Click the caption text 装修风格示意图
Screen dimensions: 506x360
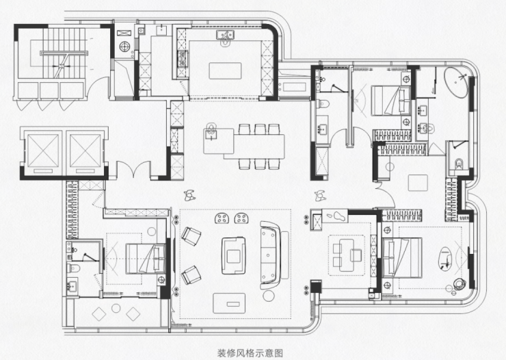pos(250,353)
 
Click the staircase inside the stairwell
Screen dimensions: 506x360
pos(64,53)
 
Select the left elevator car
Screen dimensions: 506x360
pos(43,151)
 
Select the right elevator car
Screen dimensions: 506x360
pos(85,151)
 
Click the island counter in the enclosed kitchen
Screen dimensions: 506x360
pos(225,70)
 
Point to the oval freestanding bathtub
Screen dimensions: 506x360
pos(455,83)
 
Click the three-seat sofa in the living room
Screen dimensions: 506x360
pos(270,255)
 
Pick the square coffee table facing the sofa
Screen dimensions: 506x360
pos(234,256)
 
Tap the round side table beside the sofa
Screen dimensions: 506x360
pos(269,296)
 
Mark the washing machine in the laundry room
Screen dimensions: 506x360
pos(124,47)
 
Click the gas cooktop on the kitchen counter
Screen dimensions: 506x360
pos(183,58)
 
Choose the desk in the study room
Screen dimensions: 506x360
pos(347,255)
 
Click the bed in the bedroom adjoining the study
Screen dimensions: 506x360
pos(402,257)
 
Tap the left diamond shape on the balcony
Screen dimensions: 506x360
pos(99,313)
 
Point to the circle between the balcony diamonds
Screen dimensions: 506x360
pos(116,308)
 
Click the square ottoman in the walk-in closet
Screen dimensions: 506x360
pos(418,183)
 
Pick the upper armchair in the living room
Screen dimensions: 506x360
pos(191,236)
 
